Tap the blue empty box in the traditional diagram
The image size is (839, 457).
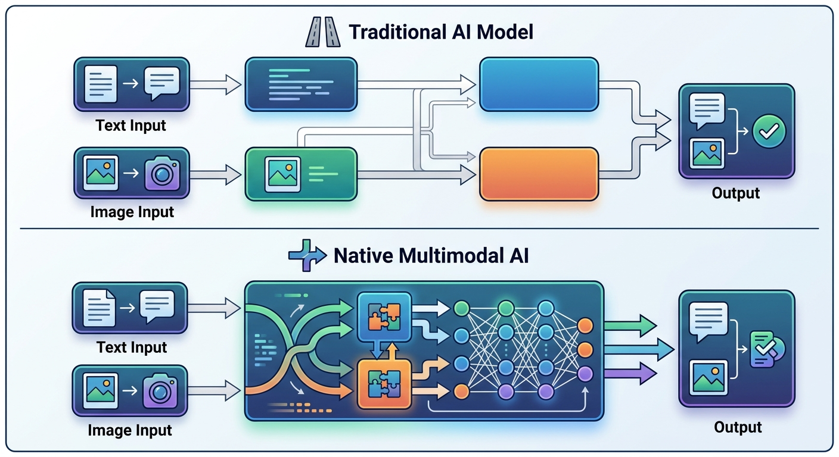tap(539, 84)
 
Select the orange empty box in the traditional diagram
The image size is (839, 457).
tap(539, 173)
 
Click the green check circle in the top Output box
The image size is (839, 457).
tap(769, 132)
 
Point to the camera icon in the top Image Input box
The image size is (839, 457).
tap(162, 173)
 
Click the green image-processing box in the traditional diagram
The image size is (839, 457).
tap(301, 173)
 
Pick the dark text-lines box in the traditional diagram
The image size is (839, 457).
tap(301, 84)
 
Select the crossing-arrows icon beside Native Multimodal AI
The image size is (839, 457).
tap(307, 256)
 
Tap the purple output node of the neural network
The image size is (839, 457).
tap(585, 374)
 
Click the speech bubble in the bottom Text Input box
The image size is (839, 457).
tap(157, 306)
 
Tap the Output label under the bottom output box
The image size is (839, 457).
tap(738, 427)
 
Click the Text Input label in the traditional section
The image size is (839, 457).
tap(132, 126)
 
